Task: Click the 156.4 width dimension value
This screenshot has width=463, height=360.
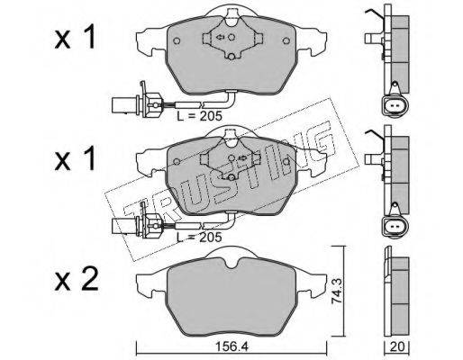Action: [232, 347]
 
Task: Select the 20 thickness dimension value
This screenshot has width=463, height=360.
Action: [397, 346]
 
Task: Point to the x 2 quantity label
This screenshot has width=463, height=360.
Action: [77, 280]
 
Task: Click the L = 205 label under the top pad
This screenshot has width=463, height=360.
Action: [199, 116]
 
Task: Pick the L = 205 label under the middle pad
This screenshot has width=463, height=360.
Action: [199, 238]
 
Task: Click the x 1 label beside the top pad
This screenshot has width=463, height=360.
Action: [75, 37]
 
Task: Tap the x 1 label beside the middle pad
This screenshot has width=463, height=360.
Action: [75, 158]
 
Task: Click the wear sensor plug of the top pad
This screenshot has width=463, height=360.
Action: [137, 103]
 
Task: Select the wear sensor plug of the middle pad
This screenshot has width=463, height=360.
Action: [137, 226]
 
